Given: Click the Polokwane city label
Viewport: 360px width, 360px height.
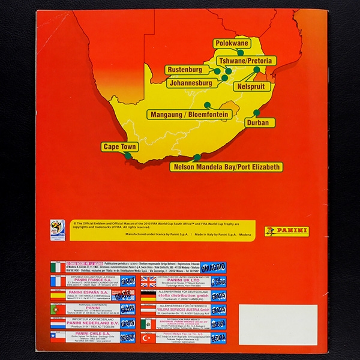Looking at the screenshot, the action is click(x=232, y=44).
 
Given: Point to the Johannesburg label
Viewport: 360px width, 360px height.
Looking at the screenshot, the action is click(x=188, y=83).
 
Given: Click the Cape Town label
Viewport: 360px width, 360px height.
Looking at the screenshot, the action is click(x=120, y=146).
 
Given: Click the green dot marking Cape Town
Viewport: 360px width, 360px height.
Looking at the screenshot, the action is click(x=127, y=156).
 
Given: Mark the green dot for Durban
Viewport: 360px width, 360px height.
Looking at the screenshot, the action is click(x=256, y=112).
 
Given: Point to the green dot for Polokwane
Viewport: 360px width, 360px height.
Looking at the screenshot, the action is click(x=250, y=52).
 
